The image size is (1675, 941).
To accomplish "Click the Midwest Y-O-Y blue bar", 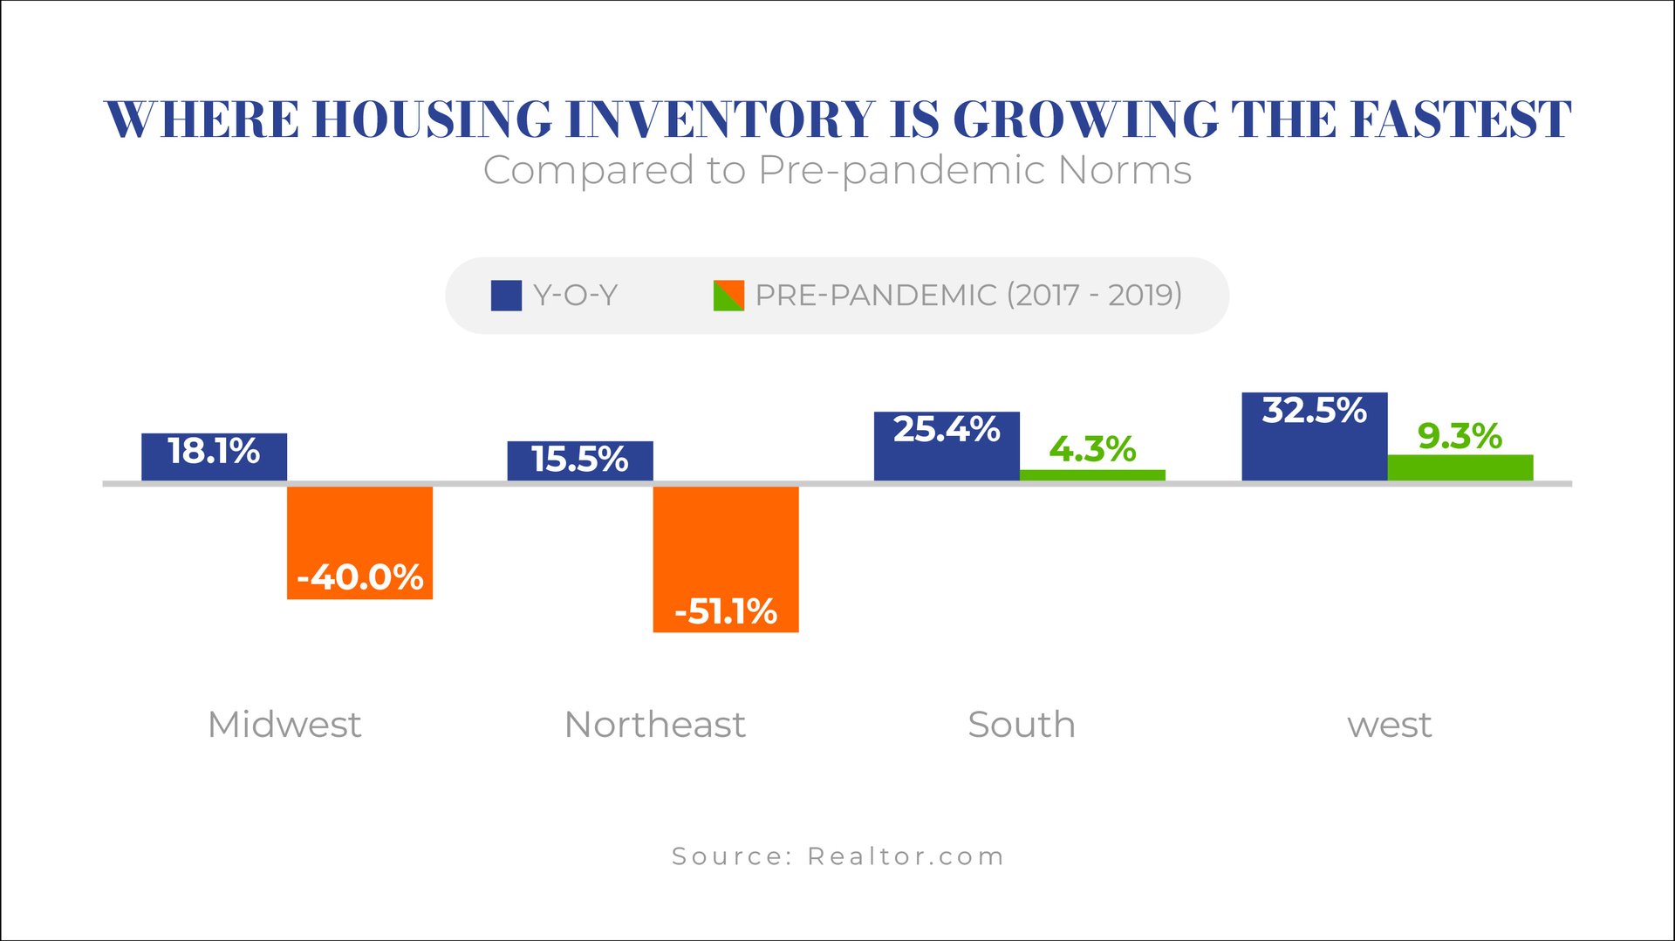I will click(x=214, y=456).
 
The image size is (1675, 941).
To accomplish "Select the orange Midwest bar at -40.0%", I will click(x=359, y=542).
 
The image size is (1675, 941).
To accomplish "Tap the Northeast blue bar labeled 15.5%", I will click(x=580, y=460).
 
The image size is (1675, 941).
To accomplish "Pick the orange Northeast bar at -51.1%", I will click(x=726, y=558).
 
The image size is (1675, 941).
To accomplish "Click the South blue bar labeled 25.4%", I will click(x=947, y=446).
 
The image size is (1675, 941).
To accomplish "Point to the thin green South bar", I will click(x=1092, y=475).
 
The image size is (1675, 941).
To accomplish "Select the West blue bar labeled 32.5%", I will click(x=1315, y=436).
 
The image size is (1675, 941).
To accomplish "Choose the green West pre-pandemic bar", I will click(x=1460, y=467).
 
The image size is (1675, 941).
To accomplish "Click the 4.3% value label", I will click(x=1092, y=449).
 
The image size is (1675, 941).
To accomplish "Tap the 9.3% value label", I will click(x=1460, y=436).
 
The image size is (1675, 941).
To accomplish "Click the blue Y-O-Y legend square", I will click(x=506, y=296).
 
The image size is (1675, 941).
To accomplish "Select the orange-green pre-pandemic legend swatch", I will click(x=728, y=296).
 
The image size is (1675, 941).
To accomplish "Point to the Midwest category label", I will click(x=284, y=725).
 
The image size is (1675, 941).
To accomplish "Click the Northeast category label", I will click(x=655, y=725).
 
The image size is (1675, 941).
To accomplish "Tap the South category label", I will click(x=1022, y=725).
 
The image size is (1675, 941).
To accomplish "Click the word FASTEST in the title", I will click(x=1461, y=119).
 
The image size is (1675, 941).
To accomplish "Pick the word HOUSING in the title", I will click(x=433, y=119).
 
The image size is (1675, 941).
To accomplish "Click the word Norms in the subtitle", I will click(x=1125, y=170).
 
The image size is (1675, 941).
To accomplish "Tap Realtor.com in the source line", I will click(x=906, y=856).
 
